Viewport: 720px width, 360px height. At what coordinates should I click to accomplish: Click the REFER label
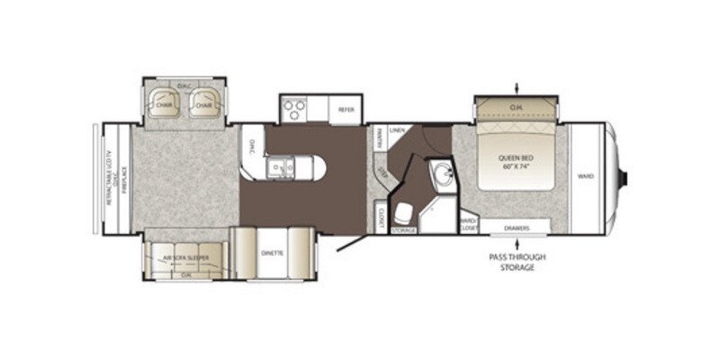pos(346,110)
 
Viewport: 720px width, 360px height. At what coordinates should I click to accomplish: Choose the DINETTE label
pos(273,254)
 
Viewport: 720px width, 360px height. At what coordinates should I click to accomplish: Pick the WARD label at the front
pos(586,176)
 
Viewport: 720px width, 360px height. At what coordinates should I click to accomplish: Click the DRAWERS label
pos(515,228)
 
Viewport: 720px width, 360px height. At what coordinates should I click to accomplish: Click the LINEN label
pos(396,130)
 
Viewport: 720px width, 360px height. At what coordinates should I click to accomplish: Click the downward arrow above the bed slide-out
pos(516,87)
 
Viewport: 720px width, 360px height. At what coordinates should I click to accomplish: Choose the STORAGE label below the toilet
pos(403,231)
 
